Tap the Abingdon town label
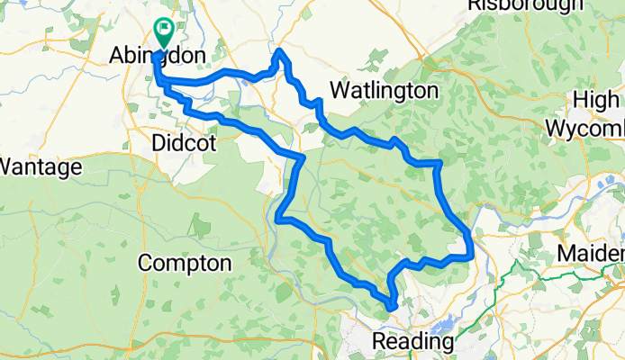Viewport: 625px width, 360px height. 158,56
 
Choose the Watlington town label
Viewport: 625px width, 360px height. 384,91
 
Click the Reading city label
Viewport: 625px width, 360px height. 413,343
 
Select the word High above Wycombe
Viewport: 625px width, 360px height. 598,100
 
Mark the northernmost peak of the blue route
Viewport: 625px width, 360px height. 280,51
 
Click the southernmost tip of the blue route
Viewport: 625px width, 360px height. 393,308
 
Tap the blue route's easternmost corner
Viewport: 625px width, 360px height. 471,236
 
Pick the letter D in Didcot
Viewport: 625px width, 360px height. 159,143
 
